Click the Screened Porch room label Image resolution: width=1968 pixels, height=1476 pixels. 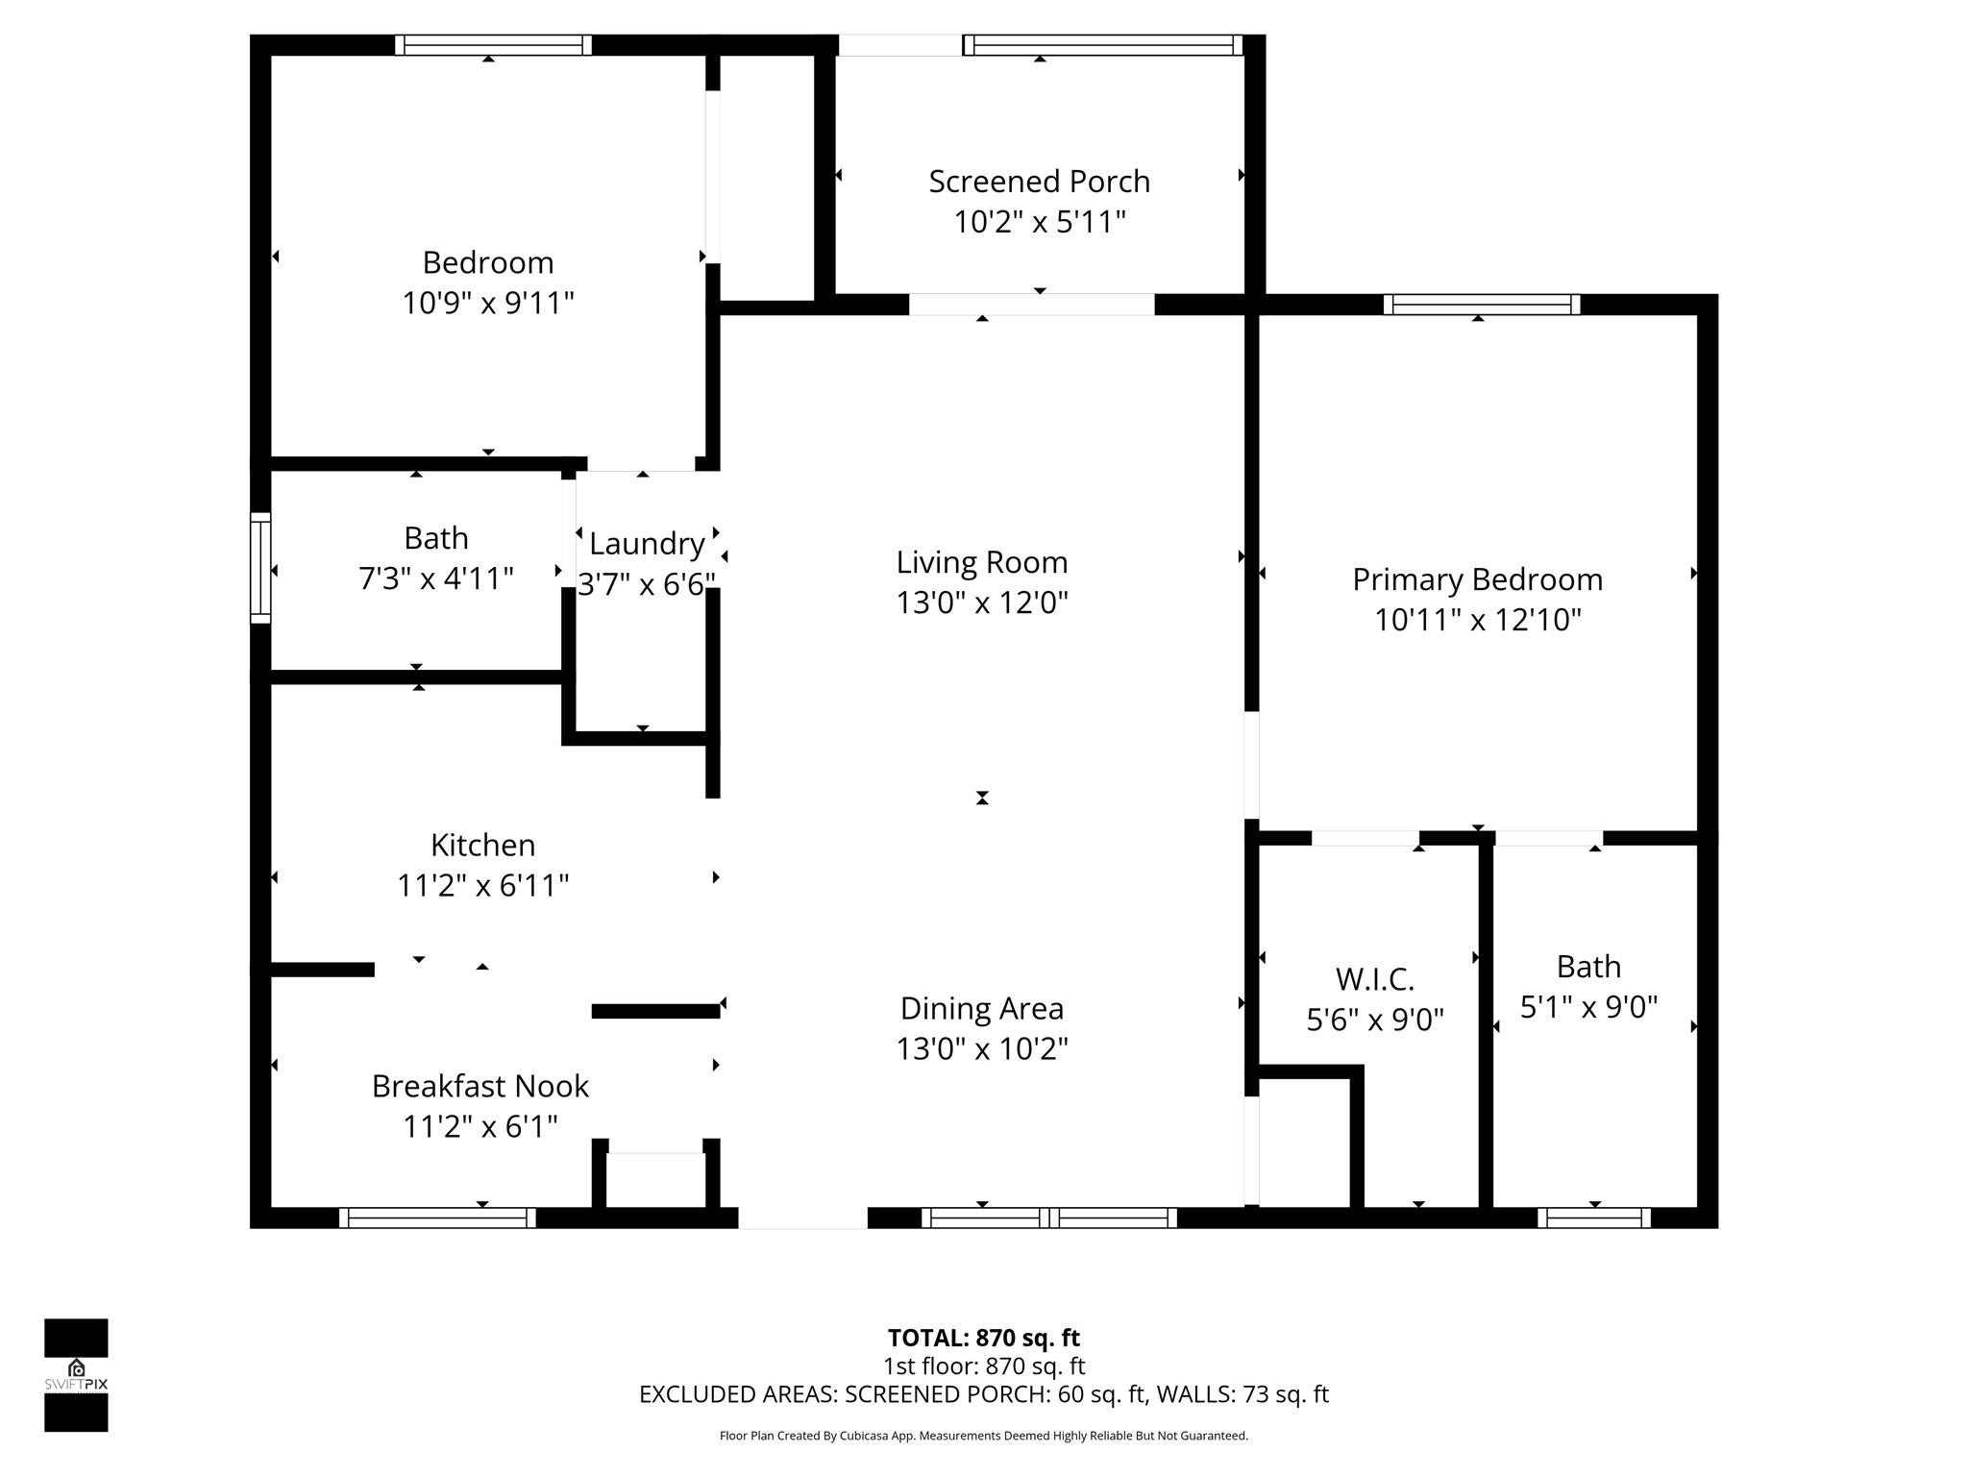click(1039, 182)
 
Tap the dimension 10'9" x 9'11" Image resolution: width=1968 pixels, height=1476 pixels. click(488, 304)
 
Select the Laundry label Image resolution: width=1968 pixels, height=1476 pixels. click(647, 544)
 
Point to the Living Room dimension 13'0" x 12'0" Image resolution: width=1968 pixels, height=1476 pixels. click(982, 603)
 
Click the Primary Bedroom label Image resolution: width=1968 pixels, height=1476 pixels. click(1477, 579)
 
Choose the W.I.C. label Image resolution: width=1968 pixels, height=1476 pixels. click(1374, 979)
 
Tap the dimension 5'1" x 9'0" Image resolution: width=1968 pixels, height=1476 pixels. click(1588, 1007)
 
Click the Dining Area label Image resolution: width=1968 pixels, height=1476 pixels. click(981, 1008)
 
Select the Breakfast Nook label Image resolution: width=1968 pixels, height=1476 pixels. click(480, 1086)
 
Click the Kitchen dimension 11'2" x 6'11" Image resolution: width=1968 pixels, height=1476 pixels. click(483, 885)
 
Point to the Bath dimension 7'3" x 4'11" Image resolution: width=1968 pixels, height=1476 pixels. click(435, 578)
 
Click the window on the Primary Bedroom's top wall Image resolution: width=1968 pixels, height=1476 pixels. click(1481, 305)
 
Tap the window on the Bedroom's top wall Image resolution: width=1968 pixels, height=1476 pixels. click(492, 45)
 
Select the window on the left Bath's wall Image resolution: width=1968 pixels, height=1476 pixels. click(260, 568)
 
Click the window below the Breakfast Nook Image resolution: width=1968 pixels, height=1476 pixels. click(437, 1218)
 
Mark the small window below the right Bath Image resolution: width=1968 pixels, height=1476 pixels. click(1593, 1218)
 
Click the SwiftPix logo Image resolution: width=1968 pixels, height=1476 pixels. click(76, 1374)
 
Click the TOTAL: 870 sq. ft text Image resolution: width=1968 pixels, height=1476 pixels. click(983, 1338)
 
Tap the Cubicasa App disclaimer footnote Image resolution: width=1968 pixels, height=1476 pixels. click(983, 1436)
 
